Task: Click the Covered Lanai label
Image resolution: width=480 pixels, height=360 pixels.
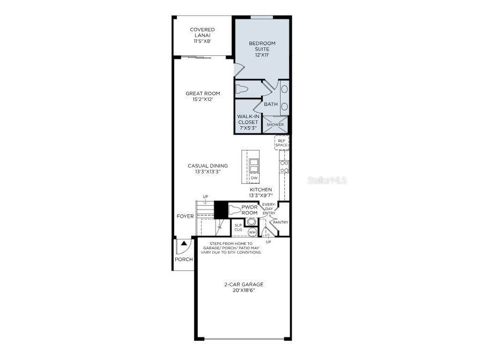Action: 202,35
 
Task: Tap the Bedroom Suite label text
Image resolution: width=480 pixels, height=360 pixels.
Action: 262,48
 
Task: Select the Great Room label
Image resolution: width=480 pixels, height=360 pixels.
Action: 203,96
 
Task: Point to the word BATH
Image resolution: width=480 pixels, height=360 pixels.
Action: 270,104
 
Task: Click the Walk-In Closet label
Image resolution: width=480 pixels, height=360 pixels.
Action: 248,122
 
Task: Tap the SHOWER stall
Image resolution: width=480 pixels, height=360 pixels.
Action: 275,125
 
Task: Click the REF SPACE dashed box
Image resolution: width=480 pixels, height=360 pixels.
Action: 282,142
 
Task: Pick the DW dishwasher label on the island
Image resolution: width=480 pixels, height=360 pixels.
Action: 254,177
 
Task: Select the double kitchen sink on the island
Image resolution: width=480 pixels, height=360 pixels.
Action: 254,164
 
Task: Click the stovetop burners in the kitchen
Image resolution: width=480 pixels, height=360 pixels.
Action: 284,166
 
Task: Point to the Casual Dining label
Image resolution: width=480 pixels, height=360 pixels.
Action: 207,168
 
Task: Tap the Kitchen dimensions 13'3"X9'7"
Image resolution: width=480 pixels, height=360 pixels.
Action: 261,195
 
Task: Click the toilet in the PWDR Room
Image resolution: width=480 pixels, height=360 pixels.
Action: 236,210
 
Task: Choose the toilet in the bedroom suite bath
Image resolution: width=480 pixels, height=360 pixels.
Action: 242,89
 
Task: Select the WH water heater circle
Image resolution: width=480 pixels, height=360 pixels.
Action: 252,232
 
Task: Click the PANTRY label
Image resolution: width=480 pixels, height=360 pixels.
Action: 281,222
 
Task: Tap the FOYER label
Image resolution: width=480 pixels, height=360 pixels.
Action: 185,217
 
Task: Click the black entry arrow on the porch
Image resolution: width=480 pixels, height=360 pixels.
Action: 183,243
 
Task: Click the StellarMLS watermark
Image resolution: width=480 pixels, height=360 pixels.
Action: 327,181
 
